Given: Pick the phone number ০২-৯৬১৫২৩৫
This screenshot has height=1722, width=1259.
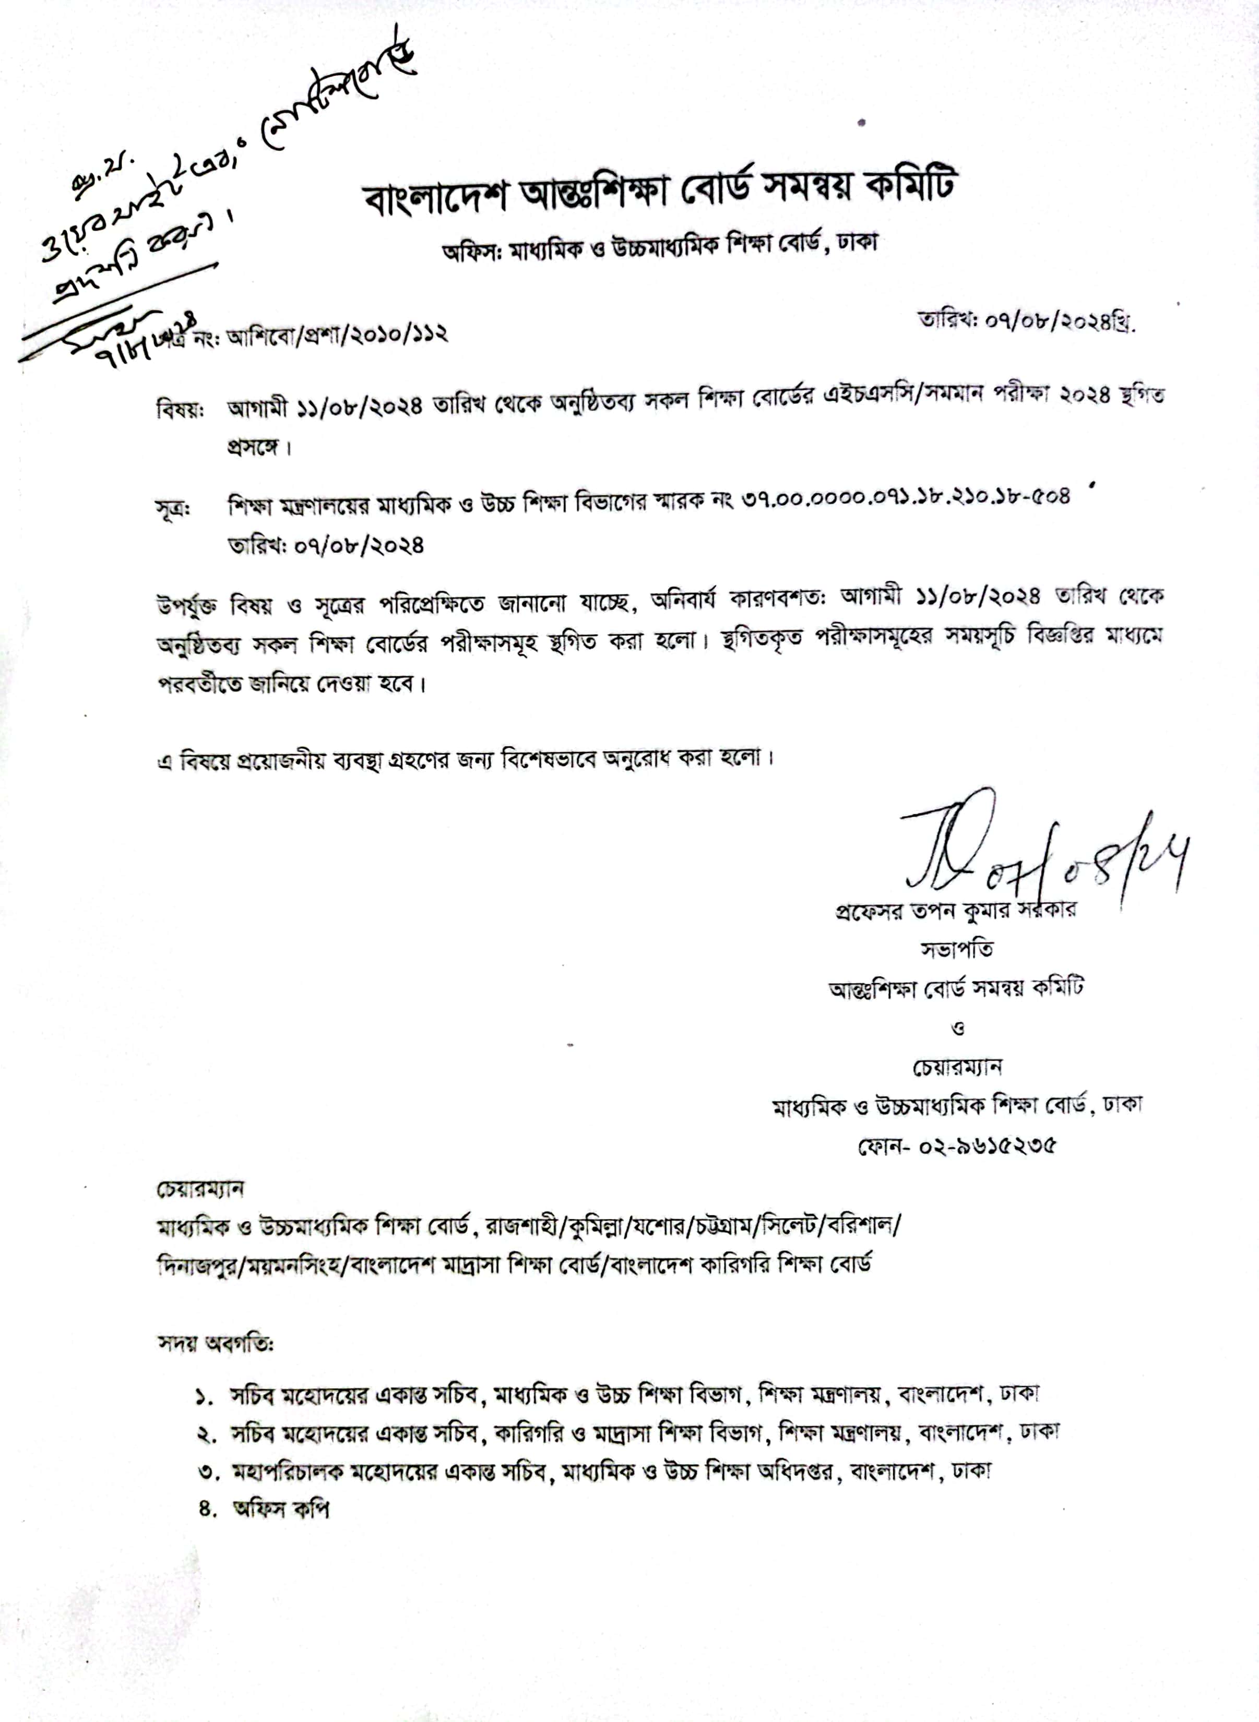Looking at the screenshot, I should tap(956, 1145).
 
